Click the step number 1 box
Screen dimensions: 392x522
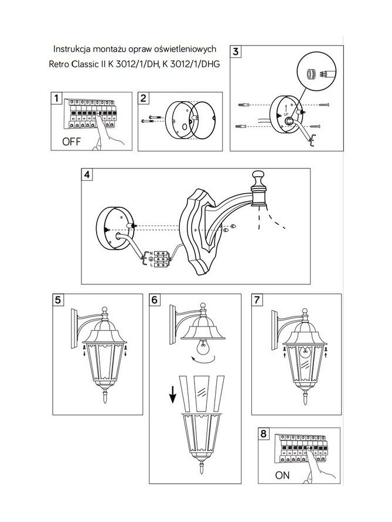[56, 98]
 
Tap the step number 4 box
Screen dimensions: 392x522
[87, 174]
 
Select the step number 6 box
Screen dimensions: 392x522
[154, 300]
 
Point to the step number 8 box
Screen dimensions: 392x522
[264, 434]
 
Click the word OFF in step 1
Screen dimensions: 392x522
[71, 142]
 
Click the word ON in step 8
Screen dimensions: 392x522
[282, 475]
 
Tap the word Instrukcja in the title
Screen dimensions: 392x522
[71, 49]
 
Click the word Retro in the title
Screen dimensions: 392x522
[59, 64]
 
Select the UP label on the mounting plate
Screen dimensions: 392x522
[286, 114]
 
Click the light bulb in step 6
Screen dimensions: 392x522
[203, 348]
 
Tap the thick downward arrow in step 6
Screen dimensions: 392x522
[173, 395]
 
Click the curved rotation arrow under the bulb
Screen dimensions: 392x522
[203, 360]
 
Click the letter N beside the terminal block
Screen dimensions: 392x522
[151, 253]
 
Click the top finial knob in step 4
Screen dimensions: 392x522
[258, 176]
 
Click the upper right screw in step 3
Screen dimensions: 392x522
[324, 105]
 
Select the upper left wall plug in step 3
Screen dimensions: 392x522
[244, 105]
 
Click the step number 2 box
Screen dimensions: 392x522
[144, 98]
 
